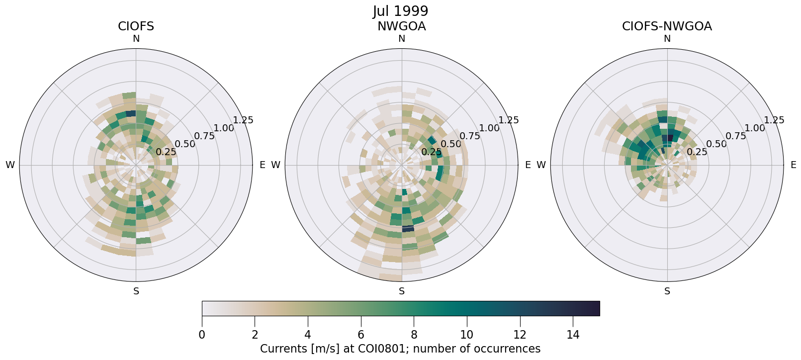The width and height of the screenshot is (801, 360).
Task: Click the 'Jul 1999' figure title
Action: pyautogui.click(x=400, y=11)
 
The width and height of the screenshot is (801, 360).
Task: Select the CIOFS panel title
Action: pyautogui.click(x=136, y=26)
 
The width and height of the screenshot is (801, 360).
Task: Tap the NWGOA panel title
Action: pyautogui.click(x=401, y=26)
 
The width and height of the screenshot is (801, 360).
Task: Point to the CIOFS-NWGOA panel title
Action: pyautogui.click(x=667, y=26)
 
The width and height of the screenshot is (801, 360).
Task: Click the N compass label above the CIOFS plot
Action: pyautogui.click(x=136, y=39)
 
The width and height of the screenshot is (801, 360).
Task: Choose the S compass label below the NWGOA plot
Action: pyautogui.click(x=401, y=291)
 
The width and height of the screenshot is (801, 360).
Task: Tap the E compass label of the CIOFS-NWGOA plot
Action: pyautogui.click(x=793, y=165)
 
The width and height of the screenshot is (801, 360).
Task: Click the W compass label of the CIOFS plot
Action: pyautogui.click(x=10, y=165)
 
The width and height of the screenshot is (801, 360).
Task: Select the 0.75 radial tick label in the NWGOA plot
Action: pyautogui.click(x=470, y=136)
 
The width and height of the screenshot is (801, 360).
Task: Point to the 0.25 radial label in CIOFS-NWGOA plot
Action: pyautogui.click(x=697, y=152)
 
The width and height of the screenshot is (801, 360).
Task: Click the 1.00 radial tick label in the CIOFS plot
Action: pyautogui.click(x=224, y=128)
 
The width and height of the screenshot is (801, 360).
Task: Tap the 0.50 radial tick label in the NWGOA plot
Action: pyautogui.click(x=451, y=144)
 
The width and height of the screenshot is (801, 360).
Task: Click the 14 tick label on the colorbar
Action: pyautogui.click(x=573, y=335)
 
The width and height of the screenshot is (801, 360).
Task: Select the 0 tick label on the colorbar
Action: pyautogui.click(x=202, y=335)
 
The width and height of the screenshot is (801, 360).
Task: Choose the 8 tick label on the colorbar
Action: pyautogui.click(x=414, y=335)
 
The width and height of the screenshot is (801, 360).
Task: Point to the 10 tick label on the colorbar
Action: pyautogui.click(x=467, y=335)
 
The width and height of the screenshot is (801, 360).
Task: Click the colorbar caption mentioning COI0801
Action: pyautogui.click(x=400, y=349)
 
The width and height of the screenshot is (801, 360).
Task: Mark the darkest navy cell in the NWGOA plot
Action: pyautogui.click(x=408, y=228)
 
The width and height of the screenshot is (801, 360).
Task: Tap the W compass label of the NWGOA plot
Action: pyautogui.click(x=275, y=165)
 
